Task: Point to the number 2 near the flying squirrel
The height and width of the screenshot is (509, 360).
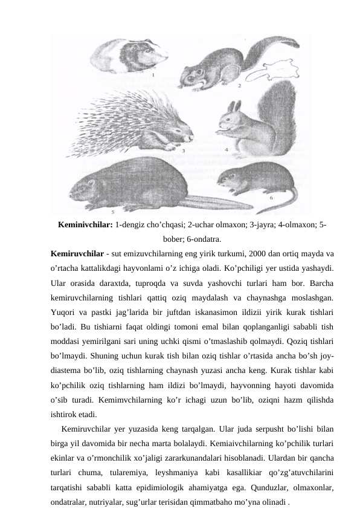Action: click(239, 86)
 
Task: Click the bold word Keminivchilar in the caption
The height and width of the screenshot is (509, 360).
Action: click(85, 225)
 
